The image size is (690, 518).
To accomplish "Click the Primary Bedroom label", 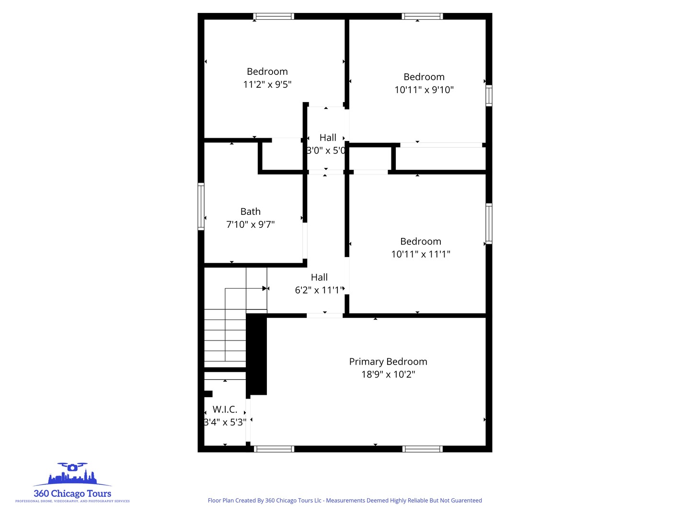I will (x=388, y=362).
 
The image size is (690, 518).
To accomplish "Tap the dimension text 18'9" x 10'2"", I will (x=388, y=375).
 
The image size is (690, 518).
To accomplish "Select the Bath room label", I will (x=250, y=212).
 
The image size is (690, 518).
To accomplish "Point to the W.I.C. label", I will (x=225, y=410).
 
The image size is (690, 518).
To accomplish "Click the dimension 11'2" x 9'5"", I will (x=267, y=84).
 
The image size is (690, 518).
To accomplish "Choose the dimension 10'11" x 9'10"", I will (x=424, y=90).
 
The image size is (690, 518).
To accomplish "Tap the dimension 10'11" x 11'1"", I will (x=421, y=254).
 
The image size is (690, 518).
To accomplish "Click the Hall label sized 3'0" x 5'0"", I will (x=328, y=138).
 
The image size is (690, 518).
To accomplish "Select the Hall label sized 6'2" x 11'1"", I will (x=319, y=277).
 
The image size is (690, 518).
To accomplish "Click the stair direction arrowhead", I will (x=264, y=288).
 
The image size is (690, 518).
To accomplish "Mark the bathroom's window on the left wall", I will (x=201, y=206).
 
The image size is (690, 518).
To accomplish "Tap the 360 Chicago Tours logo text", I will (x=72, y=494).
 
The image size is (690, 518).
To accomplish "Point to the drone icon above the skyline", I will (x=72, y=467).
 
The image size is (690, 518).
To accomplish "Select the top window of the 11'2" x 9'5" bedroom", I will (x=274, y=16).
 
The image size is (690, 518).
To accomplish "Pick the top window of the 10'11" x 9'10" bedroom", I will (x=422, y=16).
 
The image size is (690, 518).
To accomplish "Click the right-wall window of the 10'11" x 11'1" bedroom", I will (x=489, y=224).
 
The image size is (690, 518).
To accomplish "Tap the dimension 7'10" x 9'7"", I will (x=250, y=224).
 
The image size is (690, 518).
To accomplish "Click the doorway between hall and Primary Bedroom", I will (x=324, y=315).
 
